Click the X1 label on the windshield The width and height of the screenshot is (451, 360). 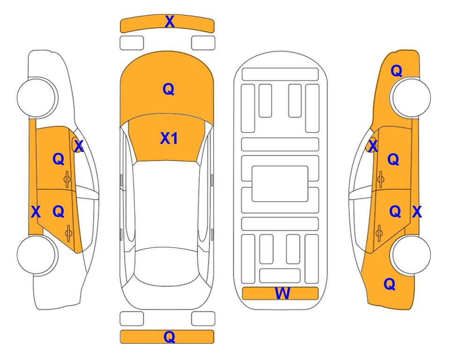tap(169, 138)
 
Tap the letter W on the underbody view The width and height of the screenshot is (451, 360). tap(282, 293)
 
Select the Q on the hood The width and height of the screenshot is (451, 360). tap(169, 89)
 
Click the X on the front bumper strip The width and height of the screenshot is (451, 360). tap(170, 22)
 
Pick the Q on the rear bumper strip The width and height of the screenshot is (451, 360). tap(169, 337)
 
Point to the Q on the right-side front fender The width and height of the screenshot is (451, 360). tap(396, 71)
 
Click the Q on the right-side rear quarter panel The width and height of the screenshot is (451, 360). tap(390, 284)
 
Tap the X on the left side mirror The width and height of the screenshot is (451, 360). tap(79, 146)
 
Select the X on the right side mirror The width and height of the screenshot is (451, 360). tap(373, 146)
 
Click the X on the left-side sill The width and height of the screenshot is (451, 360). tap(36, 212)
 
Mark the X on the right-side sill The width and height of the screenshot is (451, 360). tap(417, 212)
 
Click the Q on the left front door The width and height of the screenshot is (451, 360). tap(59, 159)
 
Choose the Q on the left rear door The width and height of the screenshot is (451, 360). tap(59, 212)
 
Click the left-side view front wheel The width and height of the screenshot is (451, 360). tap(36, 97)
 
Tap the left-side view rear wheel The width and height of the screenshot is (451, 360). tap(36, 255)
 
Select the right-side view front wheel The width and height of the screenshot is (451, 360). tap(411, 97)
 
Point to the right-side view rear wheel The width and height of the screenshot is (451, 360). tap(411, 255)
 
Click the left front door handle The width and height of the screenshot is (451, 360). tap(67, 179)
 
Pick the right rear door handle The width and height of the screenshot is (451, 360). tap(379, 232)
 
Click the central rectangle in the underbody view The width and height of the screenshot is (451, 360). tap(280, 184)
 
